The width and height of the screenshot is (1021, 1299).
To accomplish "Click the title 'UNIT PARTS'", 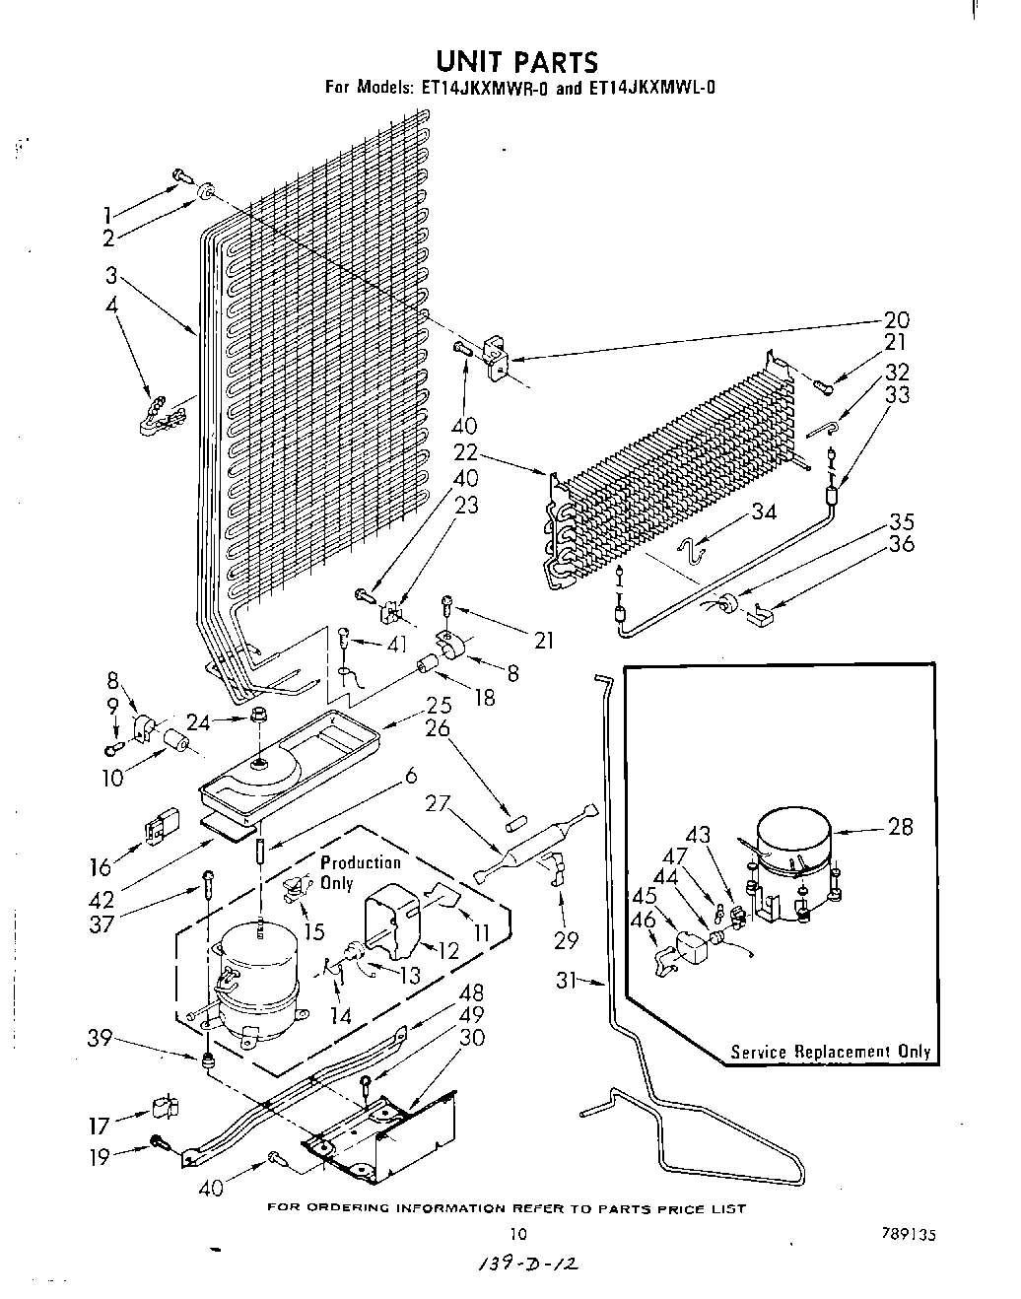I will [x=516, y=62].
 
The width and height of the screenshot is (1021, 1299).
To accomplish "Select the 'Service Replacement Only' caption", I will [x=830, y=1051].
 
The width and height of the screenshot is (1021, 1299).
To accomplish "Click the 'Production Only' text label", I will [x=360, y=872].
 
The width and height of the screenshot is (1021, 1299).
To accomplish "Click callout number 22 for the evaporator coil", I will [x=466, y=452].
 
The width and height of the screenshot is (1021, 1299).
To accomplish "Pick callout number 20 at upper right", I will [x=896, y=320].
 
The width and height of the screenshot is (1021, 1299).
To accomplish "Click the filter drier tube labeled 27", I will [x=533, y=853].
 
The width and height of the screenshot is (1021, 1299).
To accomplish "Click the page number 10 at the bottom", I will [x=519, y=1232].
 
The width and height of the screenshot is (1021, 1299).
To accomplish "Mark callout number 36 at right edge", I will [x=901, y=544].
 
